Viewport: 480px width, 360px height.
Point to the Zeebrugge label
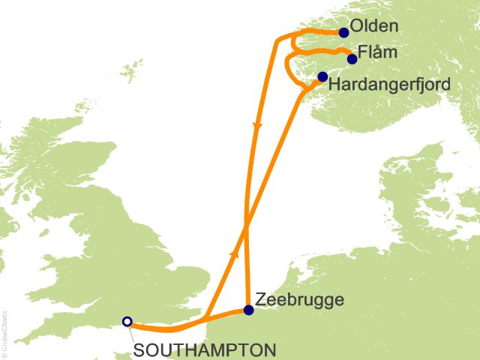click(x=300, y=300)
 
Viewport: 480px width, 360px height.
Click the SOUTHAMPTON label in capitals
click(x=205, y=349)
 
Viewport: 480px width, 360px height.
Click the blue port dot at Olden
click(x=344, y=32)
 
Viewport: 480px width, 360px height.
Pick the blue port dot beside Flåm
click(x=352, y=58)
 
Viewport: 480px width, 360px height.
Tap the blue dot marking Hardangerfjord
click(x=322, y=76)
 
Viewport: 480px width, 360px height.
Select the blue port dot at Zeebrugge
click(x=249, y=310)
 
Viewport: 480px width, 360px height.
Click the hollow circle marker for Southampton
click(x=127, y=322)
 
